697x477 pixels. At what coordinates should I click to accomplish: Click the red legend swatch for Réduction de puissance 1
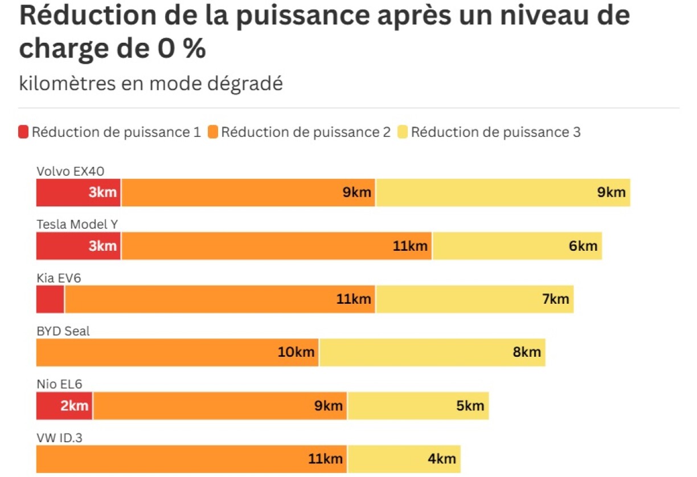(23, 133)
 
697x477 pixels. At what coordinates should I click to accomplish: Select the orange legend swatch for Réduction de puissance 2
(213, 133)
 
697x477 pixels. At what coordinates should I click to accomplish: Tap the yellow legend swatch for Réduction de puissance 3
(403, 133)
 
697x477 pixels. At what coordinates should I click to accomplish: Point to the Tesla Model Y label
(77, 224)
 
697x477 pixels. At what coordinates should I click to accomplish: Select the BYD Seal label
(63, 331)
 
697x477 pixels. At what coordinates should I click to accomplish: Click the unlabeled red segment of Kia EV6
(50, 299)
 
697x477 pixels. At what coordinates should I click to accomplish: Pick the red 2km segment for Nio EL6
(64, 406)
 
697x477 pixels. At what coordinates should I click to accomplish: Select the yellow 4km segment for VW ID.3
(404, 459)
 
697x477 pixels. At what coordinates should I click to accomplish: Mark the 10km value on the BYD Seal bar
(296, 352)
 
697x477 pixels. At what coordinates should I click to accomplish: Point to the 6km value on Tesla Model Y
(583, 246)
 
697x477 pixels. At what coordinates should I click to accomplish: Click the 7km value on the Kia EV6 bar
(555, 299)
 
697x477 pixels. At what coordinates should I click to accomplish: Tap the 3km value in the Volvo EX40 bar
(102, 193)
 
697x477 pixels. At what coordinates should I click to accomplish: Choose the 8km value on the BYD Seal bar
(527, 352)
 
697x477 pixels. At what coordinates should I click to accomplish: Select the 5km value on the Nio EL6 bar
(470, 406)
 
